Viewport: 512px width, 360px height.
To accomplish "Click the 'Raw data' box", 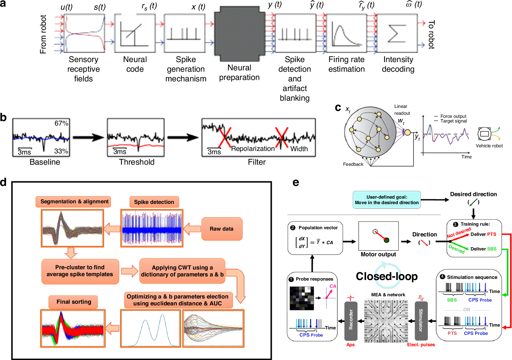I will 222,229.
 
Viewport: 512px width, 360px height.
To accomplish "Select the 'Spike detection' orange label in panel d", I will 154,202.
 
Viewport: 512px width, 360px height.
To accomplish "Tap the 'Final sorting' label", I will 74,302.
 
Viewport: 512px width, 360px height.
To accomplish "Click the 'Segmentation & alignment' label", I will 74,201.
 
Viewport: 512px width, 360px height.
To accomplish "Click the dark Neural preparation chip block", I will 239,34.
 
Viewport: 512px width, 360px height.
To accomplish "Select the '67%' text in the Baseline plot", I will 61,123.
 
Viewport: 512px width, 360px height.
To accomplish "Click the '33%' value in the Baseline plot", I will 61,151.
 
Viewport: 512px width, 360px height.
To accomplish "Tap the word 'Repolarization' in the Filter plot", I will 253,149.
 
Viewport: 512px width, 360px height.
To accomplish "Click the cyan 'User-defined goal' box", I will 386,200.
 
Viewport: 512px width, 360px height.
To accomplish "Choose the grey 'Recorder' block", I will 351,321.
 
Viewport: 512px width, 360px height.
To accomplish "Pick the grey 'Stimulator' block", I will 421,321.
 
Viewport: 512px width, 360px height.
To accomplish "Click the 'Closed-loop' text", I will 386,276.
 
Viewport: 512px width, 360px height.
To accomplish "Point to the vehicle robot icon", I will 484,134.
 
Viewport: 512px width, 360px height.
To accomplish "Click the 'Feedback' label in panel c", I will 353,164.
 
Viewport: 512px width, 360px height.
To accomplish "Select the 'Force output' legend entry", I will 453,116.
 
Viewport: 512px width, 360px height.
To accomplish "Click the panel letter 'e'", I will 296,182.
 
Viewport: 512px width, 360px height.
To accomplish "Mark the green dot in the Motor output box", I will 386,240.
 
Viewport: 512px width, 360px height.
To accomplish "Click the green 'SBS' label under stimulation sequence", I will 452,300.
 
